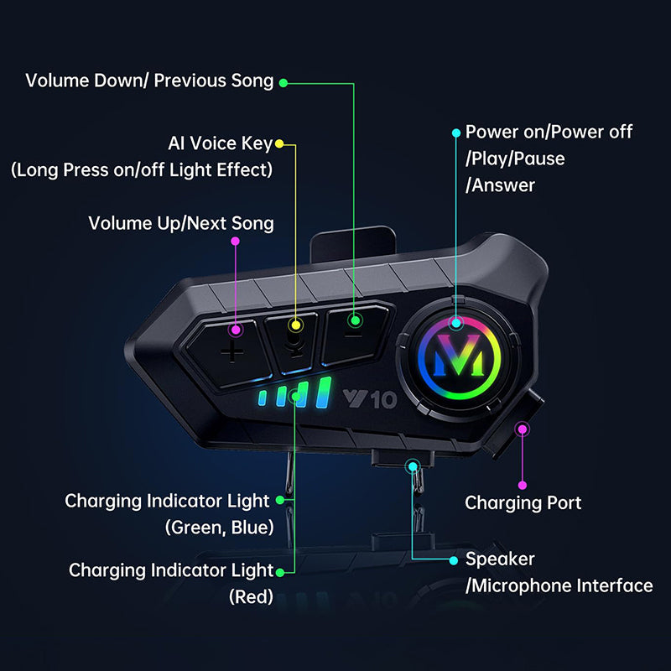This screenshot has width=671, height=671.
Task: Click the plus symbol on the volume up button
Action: (x=232, y=352)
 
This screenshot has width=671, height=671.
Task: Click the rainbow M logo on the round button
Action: (x=458, y=355)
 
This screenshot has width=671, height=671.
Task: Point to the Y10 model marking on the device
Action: (x=370, y=399)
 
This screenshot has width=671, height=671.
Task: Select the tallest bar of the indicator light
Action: (x=324, y=392)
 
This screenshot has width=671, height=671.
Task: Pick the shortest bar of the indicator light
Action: (x=263, y=398)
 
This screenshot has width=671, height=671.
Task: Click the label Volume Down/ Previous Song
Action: (x=149, y=81)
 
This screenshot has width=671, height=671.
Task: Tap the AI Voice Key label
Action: (x=220, y=143)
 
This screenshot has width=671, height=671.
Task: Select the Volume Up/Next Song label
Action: (x=181, y=223)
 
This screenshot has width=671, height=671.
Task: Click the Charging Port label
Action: (x=523, y=502)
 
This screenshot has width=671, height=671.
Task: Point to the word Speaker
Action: (x=500, y=559)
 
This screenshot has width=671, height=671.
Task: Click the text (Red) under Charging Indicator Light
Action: (x=251, y=596)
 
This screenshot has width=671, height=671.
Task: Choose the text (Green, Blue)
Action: (x=220, y=528)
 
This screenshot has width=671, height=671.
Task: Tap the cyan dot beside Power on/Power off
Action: (x=456, y=133)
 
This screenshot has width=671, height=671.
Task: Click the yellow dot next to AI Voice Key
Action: (x=279, y=143)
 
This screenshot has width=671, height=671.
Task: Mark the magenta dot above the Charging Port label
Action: (x=522, y=485)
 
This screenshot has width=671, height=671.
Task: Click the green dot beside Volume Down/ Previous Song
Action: (x=283, y=83)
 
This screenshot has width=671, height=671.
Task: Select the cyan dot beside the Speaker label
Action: (x=454, y=560)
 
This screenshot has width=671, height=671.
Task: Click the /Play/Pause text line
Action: (x=515, y=159)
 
